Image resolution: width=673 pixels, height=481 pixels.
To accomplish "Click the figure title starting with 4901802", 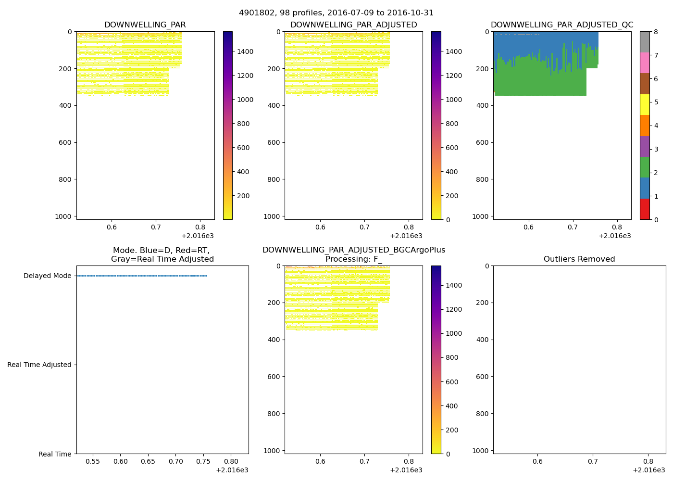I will point(336,13).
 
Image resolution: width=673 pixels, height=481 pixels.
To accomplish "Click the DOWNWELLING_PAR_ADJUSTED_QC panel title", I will point(562,25).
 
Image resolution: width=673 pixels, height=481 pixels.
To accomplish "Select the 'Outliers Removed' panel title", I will point(579,259).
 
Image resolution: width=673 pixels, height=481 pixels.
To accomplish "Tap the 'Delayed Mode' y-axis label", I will point(47,276).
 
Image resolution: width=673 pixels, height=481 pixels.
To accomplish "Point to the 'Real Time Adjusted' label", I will point(39,365).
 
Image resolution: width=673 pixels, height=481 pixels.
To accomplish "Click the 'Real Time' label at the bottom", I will point(55,454).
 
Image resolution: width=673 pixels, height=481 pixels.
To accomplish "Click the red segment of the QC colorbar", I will point(645,209).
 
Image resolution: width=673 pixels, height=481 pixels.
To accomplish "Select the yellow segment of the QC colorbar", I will point(645,105).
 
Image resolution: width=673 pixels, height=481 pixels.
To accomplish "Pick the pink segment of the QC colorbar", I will point(645,63).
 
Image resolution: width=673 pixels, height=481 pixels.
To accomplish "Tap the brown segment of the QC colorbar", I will point(645,84).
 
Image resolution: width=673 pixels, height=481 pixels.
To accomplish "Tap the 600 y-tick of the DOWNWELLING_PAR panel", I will point(66,142).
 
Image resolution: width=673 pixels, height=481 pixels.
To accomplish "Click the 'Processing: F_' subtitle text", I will point(353,259).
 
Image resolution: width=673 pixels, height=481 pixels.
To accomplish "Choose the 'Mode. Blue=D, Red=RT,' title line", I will point(162,251).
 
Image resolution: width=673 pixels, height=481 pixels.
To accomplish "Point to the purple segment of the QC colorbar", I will point(645,147).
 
